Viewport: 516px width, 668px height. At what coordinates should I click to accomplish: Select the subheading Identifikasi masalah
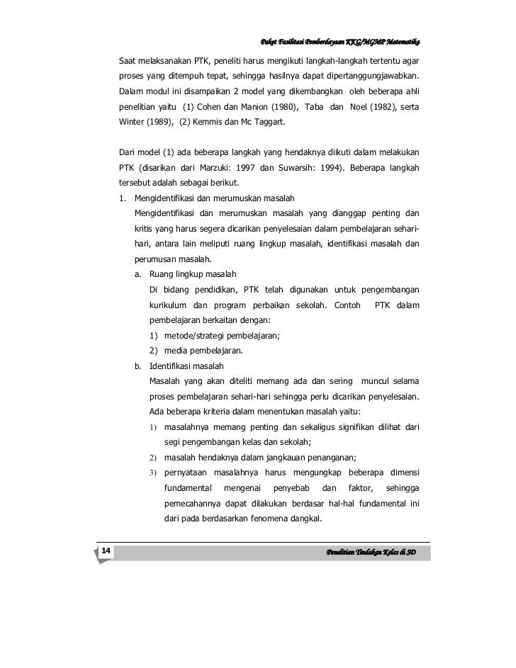pyautogui.click(x=186, y=366)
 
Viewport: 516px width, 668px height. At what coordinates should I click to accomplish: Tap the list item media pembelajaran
pyautogui.click(x=203, y=351)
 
